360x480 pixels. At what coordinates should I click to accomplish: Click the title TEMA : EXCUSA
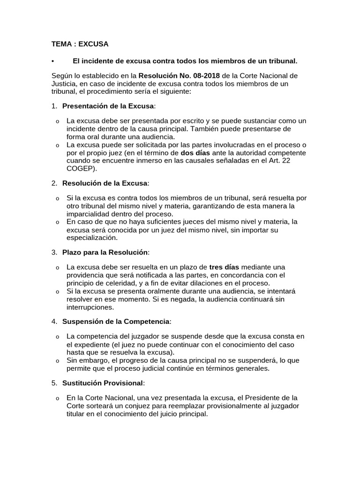pos(80,44)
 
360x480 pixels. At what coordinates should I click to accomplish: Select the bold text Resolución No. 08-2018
pos(180,76)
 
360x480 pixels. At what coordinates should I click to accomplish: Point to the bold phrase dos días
pos(196,153)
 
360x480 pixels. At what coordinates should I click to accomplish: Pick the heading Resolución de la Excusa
pos(105,182)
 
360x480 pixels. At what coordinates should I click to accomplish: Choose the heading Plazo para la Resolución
pos(105,253)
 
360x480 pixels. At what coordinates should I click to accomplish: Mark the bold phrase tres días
pos(224,267)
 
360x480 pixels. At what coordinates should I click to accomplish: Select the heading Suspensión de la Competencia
pos(116,322)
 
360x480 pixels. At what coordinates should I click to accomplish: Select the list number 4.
pos(54,322)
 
